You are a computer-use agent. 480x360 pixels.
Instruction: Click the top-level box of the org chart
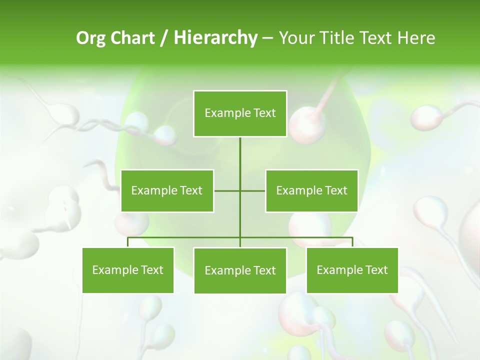(x=240, y=113)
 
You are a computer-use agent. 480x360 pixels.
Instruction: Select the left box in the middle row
(x=167, y=190)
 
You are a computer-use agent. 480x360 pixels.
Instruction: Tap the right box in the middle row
(x=311, y=190)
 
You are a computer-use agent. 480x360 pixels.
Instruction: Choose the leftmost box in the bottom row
(x=128, y=270)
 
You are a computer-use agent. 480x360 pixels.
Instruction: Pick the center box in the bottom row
(x=240, y=270)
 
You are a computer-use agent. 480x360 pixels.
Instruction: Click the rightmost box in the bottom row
(x=352, y=270)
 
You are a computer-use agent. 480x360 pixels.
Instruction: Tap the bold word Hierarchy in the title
(x=215, y=38)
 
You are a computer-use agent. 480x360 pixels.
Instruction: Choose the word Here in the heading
(x=416, y=38)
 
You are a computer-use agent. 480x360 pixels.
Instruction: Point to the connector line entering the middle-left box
(x=226, y=190)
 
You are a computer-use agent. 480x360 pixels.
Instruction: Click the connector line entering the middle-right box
(x=253, y=190)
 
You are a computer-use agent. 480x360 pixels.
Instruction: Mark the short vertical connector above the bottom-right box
(x=352, y=242)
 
